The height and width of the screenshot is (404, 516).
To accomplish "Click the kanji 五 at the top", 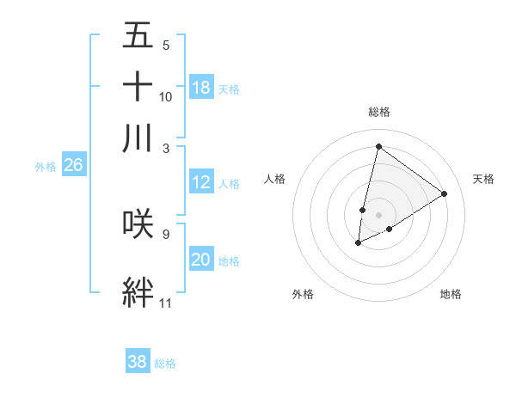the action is click(x=138, y=36).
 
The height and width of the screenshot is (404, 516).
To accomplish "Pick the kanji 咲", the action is click(x=138, y=223).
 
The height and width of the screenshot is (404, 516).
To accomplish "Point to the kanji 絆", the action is click(x=138, y=293).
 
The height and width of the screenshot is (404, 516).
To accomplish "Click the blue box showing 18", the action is click(x=201, y=88).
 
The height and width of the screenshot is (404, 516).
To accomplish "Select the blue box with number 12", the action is click(x=201, y=182).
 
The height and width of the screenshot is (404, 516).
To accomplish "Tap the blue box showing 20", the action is click(x=201, y=260).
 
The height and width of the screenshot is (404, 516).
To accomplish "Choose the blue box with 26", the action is click(x=73, y=166).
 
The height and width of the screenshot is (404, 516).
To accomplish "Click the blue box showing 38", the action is click(x=137, y=362).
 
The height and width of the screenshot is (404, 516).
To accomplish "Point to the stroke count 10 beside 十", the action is click(x=166, y=96).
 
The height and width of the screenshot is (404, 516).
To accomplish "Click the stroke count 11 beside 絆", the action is click(x=165, y=303).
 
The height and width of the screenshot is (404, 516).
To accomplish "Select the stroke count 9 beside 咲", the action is click(x=165, y=233).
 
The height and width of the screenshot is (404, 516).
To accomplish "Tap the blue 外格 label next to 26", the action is click(x=45, y=167).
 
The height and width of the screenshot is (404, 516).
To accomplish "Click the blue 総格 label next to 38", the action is click(x=165, y=364).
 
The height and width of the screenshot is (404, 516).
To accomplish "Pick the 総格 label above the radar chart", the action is click(x=379, y=112).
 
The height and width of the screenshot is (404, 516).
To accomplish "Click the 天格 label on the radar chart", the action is click(x=483, y=179).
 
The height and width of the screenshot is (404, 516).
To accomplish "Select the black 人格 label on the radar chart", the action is click(x=275, y=179).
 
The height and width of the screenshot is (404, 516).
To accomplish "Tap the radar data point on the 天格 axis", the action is click(x=444, y=193).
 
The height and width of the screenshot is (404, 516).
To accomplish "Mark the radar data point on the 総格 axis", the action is click(x=378, y=146).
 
